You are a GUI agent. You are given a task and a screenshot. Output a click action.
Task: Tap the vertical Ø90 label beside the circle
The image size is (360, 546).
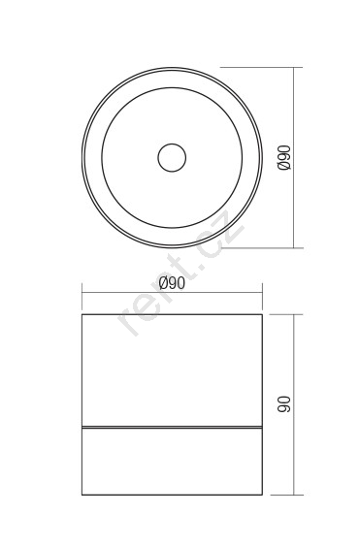[284, 158]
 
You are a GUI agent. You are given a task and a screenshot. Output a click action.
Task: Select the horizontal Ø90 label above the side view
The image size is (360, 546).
[172, 283]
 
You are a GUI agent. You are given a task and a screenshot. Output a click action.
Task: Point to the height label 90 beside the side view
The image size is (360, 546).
[284, 404]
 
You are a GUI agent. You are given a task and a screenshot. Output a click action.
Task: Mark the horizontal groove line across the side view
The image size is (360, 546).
[172, 427]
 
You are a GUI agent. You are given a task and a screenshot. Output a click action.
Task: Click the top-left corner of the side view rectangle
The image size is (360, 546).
[82, 314]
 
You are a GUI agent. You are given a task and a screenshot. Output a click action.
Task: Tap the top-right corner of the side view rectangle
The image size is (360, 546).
[262, 314]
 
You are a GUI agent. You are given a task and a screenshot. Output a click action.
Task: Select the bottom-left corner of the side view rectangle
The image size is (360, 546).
[82, 495]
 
